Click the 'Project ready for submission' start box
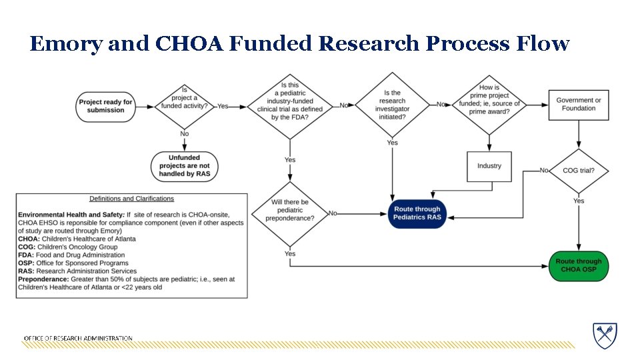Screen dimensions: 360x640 (105, 106)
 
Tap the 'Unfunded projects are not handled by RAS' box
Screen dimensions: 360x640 (185, 166)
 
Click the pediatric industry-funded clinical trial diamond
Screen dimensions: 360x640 (290, 105)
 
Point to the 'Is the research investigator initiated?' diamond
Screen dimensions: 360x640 (392, 105)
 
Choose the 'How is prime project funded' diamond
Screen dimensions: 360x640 (489, 103)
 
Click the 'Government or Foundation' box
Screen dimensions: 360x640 (578, 105)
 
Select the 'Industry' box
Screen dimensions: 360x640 (489, 166)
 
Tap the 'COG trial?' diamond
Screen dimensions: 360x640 (578, 171)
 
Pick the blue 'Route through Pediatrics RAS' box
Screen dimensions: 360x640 (417, 213)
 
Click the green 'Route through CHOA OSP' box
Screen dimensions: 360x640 (578, 265)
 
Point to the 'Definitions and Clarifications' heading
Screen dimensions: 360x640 (131, 199)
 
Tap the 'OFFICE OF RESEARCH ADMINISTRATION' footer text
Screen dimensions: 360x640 (78, 339)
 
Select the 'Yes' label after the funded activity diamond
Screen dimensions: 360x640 (223, 106)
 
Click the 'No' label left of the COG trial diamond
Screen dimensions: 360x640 (544, 171)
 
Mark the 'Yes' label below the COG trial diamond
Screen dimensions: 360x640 (578, 201)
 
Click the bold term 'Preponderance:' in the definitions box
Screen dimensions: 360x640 (43, 279)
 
